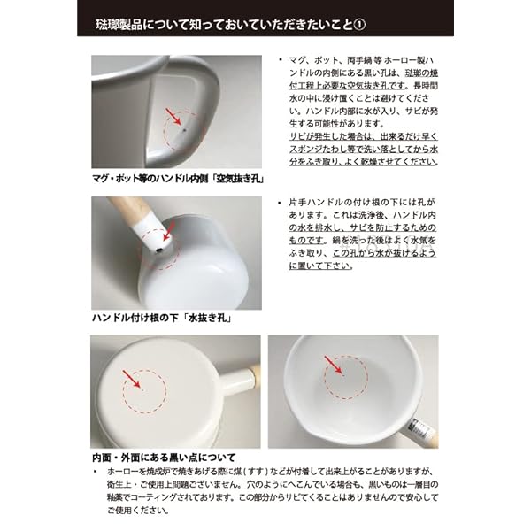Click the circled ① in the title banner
tap(359, 25)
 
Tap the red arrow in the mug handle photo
tap(173, 117)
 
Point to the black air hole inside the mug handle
tap(184, 129)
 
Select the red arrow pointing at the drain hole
tap(169, 231)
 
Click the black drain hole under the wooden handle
tap(158, 250)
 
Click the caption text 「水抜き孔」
tap(209, 318)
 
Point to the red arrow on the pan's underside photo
tap(131, 379)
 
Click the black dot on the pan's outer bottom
tap(142, 390)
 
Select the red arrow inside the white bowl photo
tap(333, 365)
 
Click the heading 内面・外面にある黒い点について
tap(164, 458)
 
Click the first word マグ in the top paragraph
tap(296, 60)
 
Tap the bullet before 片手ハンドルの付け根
tap(280, 204)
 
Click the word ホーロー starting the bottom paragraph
tap(119, 472)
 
